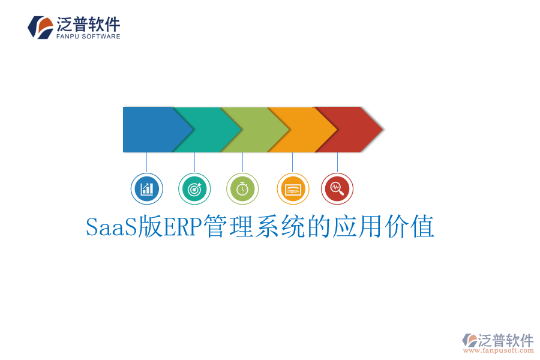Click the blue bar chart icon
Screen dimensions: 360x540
pyautogui.click(x=146, y=189)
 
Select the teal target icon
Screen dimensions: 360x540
pyautogui.click(x=194, y=189)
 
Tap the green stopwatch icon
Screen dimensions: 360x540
pyautogui.click(x=242, y=189)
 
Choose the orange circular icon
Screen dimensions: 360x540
pyautogui.click(x=293, y=189)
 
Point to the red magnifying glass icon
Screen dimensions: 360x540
pyautogui.click(x=337, y=189)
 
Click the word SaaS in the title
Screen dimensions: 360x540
pyautogui.click(x=112, y=227)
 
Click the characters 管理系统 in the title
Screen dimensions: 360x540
pyautogui.click(x=255, y=227)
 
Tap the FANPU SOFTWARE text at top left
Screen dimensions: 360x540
pyautogui.click(x=88, y=37)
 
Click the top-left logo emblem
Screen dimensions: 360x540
pyautogui.click(x=40, y=28)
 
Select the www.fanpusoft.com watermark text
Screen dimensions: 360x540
pyautogui.click(x=499, y=350)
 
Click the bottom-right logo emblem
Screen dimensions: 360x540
pyautogui.click(x=470, y=341)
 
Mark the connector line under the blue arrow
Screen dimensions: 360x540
pyautogui.click(x=146, y=163)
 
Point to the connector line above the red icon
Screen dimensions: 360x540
pyautogui.click(x=337, y=163)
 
